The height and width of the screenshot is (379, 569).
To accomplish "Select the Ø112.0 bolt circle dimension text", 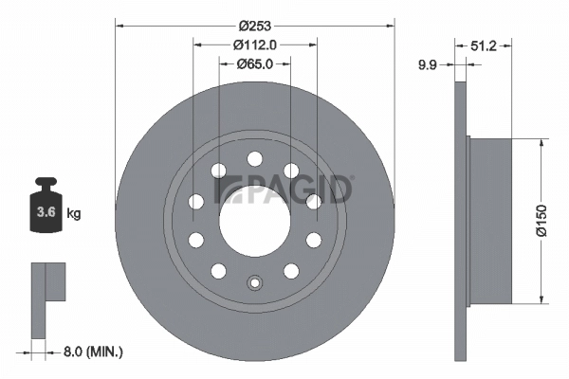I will (x=253, y=44).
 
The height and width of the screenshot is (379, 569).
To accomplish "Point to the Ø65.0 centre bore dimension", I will (x=253, y=63).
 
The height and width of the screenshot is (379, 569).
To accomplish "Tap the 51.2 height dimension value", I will (x=486, y=44).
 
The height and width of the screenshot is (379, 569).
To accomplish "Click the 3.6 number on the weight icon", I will (x=44, y=213).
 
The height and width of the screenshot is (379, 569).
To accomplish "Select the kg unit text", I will (x=73, y=214).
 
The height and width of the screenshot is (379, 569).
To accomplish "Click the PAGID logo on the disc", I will (x=284, y=189).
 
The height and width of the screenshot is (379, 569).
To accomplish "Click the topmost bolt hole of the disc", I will (x=253, y=158).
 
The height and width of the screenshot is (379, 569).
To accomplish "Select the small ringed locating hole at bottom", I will (x=253, y=281).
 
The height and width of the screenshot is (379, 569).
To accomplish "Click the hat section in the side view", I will (x=490, y=221).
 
